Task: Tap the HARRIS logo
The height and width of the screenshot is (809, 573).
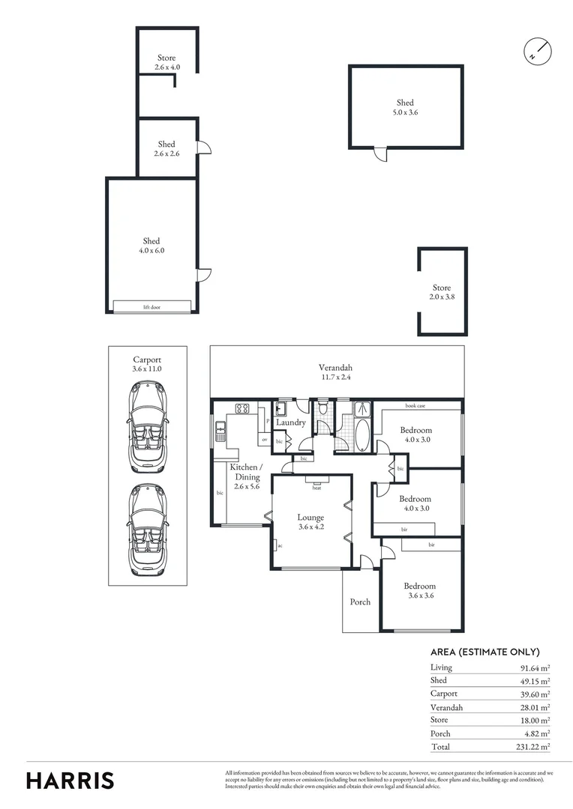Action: pyautogui.click(x=70, y=780)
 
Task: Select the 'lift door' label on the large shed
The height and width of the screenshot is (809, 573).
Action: pyautogui.click(x=151, y=307)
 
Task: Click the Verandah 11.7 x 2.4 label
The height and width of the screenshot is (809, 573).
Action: pyautogui.click(x=335, y=372)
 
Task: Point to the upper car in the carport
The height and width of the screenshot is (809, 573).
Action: pyautogui.click(x=148, y=427)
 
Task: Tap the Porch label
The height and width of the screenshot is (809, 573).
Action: pyautogui.click(x=360, y=602)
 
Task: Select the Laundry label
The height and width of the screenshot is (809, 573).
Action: pyautogui.click(x=290, y=422)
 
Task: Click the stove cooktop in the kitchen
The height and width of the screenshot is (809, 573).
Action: pyautogui.click(x=242, y=409)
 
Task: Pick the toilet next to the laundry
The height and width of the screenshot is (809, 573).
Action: pyautogui.click(x=322, y=409)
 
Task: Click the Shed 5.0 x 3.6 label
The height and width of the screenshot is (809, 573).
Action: pyautogui.click(x=405, y=107)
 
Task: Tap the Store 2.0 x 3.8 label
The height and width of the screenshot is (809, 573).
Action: pyautogui.click(x=442, y=292)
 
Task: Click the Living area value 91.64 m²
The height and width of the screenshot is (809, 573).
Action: pyautogui.click(x=535, y=667)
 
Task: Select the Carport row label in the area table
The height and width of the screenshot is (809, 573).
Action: pyautogui.click(x=444, y=694)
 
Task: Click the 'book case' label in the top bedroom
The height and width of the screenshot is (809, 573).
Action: pyautogui.click(x=415, y=405)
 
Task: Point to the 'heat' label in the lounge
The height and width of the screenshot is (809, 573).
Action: pyautogui.click(x=317, y=487)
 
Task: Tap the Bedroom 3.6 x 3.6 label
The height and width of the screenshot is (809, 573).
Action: pyautogui.click(x=419, y=591)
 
